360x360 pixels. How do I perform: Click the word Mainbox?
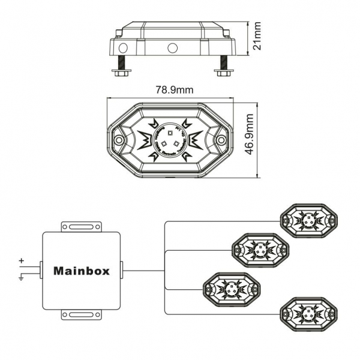pyautogui.click(x=82, y=270)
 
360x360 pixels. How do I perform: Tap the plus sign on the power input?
pyautogui.click(x=22, y=261)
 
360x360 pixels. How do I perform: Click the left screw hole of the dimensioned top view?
pyautogui.click(x=119, y=139)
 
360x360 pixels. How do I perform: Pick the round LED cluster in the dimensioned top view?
pyautogui.click(x=170, y=139)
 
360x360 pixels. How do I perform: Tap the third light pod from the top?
pyautogui.click(x=230, y=286)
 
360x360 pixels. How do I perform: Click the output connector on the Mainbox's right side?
pyautogui.click(x=122, y=270)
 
